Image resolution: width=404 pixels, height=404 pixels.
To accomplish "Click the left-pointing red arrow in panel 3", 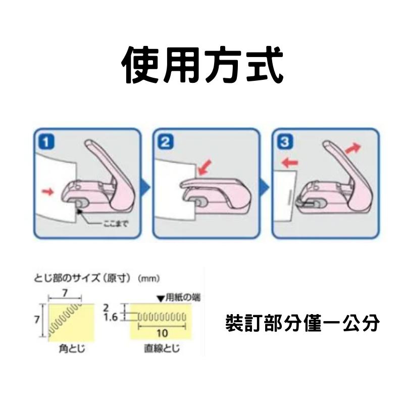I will [x=289, y=163].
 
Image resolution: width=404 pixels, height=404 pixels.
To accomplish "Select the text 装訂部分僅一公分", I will [x=302, y=323].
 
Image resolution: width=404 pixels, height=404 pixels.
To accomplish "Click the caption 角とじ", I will [x=65, y=348].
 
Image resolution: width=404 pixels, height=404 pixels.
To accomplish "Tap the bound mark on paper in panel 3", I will [x=289, y=196].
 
